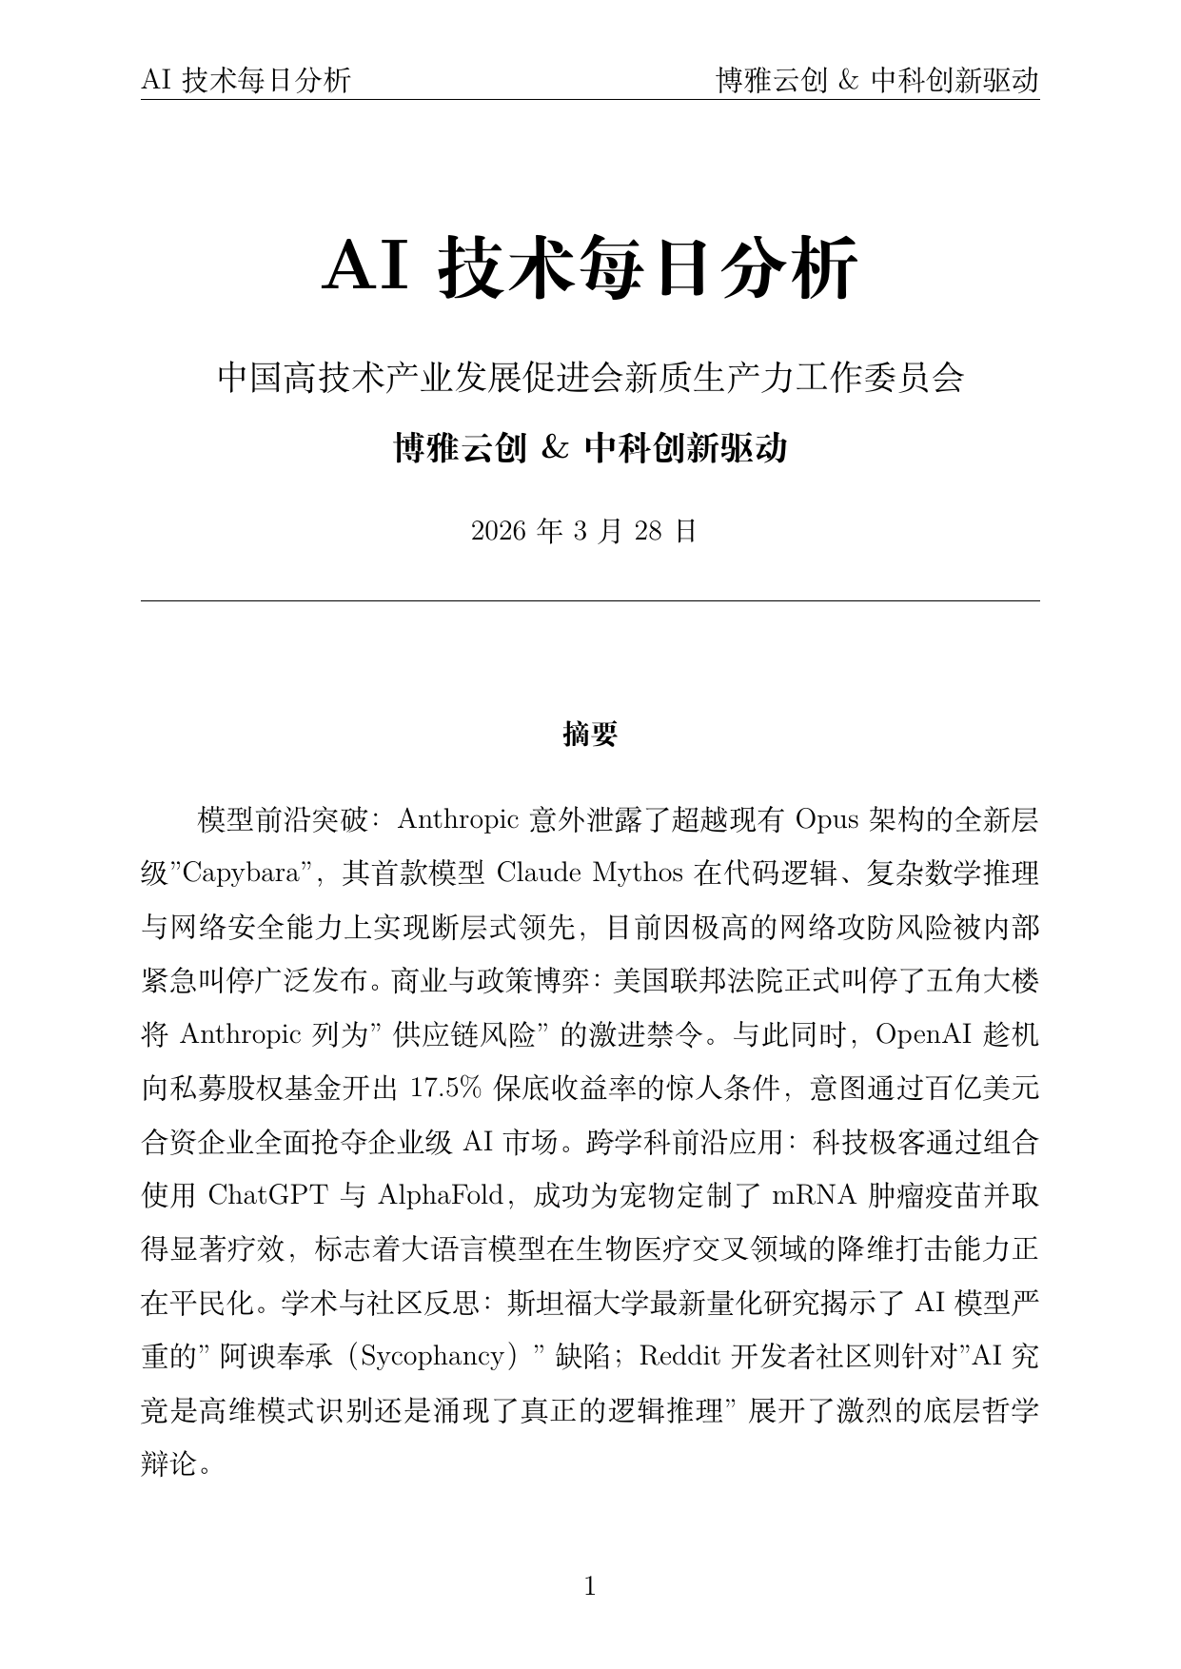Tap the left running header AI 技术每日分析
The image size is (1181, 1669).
pos(246,81)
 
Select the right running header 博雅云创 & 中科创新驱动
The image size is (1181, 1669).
pos(876,81)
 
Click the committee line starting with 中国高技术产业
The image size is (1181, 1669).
pos(590,378)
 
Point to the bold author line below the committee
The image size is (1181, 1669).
pos(590,447)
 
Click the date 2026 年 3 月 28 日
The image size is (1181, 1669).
pos(584,531)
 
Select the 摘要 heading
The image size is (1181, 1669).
pos(590,735)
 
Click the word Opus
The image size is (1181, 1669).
pos(827,818)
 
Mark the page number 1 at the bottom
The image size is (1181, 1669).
pos(590,1586)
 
